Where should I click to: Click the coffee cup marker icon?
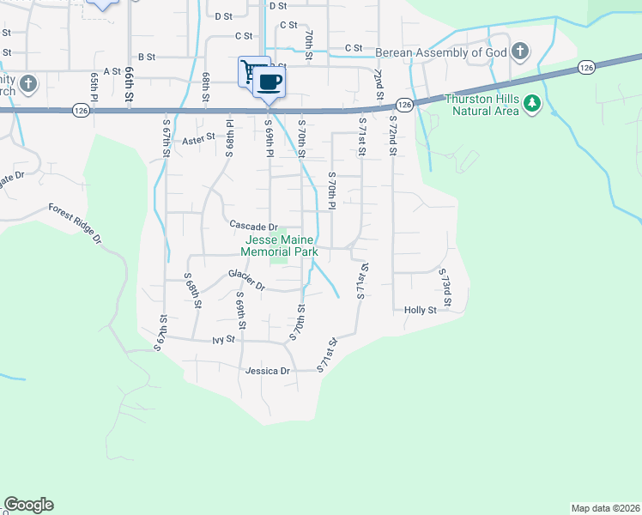(270, 82)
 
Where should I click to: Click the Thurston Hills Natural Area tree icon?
(532, 104)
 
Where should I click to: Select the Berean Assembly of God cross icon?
(519, 51)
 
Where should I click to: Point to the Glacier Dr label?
(246, 276)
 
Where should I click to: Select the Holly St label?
(421, 310)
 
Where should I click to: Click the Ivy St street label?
(223, 341)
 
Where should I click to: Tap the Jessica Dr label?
(269, 371)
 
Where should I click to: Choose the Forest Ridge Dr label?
(76, 224)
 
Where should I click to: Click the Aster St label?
(197, 137)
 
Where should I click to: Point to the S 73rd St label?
(445, 288)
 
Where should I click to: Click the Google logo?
(28, 505)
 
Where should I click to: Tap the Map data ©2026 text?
(605, 507)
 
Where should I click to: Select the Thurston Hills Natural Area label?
(481, 104)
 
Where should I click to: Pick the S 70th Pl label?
(331, 191)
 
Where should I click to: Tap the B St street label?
(145, 57)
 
